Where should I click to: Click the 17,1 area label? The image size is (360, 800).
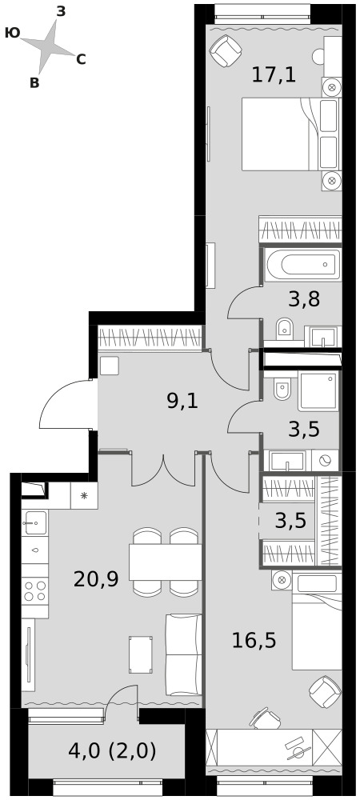pos(274,75)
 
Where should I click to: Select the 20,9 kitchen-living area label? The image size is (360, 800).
pos(96,579)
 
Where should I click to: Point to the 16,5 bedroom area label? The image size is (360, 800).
pos(254,640)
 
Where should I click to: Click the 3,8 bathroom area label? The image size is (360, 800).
pos(304,299)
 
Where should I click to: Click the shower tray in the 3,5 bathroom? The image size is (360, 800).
pos(318,391)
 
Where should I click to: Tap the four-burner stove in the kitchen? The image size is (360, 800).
pos(35,591)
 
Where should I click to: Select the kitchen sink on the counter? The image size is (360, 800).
pos(34,522)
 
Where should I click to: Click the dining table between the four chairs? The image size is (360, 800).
pos(166,562)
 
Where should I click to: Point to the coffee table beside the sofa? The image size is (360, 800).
pos(141,654)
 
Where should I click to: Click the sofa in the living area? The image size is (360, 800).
pos(182,654)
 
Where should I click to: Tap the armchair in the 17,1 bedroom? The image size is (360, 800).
pos(225,51)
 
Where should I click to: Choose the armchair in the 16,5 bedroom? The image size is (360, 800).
pos(325,692)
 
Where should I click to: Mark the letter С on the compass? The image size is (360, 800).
pos(81,60)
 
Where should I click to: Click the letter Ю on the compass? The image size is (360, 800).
pos(12,33)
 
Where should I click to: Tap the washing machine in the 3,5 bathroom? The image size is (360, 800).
pos(325,460)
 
